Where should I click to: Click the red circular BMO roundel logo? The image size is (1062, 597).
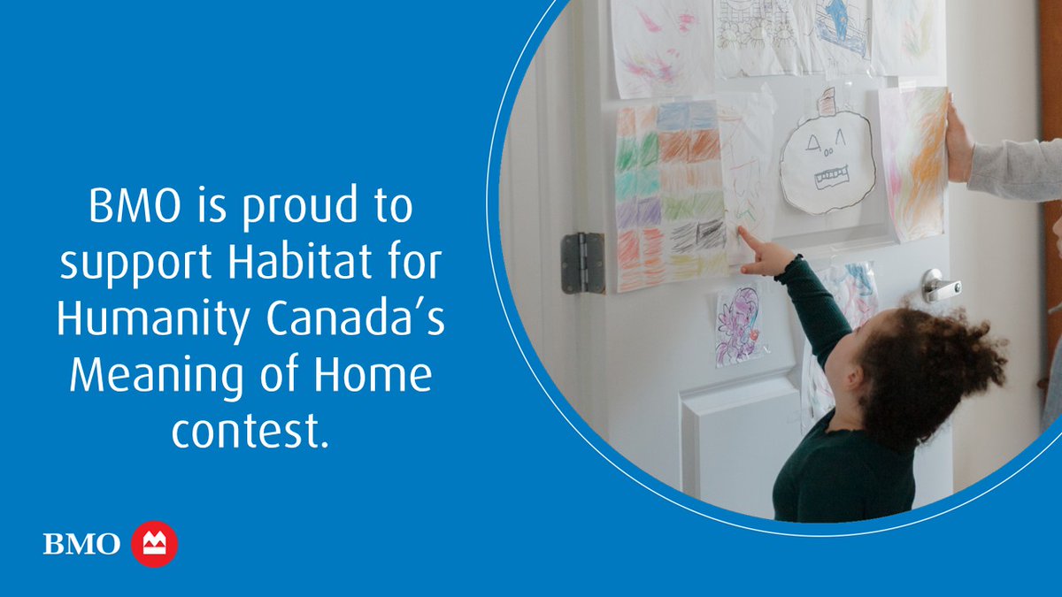[x=154, y=544]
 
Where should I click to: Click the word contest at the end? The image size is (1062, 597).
[x=249, y=431]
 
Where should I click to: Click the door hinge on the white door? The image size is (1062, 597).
[x=581, y=263]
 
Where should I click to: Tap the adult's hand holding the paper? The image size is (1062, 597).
[x=958, y=142]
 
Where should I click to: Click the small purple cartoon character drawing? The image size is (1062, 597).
[x=738, y=324]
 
